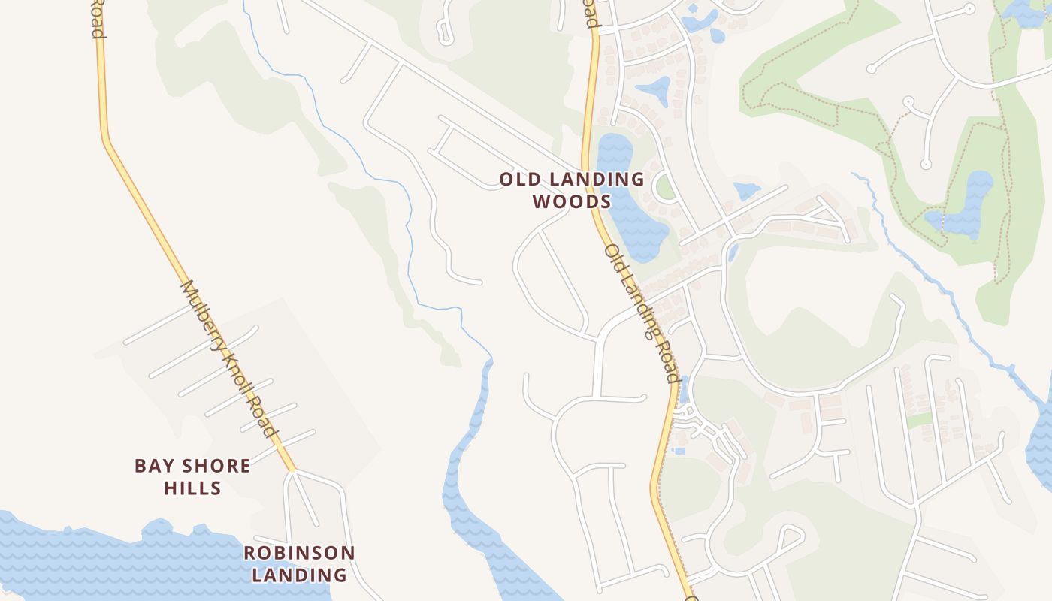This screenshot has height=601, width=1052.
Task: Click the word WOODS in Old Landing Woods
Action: (x=572, y=202)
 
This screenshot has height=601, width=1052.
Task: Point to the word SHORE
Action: (x=213, y=466)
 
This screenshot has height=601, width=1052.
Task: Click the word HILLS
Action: (x=192, y=488)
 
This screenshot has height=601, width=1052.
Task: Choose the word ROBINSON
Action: (x=298, y=554)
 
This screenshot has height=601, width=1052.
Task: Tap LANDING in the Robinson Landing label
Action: (x=298, y=575)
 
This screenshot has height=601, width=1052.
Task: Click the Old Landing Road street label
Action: (x=642, y=312)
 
